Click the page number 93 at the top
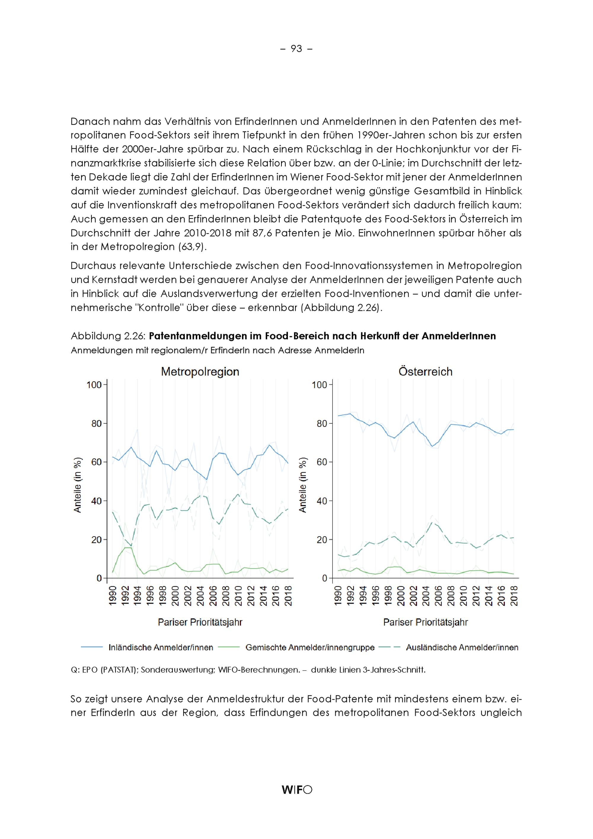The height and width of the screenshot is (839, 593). click(x=296, y=49)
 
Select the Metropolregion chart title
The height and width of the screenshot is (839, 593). click(x=200, y=372)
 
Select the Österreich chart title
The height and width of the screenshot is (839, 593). click(x=425, y=372)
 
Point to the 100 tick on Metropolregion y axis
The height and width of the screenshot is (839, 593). click(x=93, y=385)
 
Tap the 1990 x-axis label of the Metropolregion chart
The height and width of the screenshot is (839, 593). click(x=112, y=596)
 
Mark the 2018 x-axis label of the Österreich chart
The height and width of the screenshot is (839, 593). click(x=514, y=596)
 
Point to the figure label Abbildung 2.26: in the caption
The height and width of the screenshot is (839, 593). click(x=109, y=336)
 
